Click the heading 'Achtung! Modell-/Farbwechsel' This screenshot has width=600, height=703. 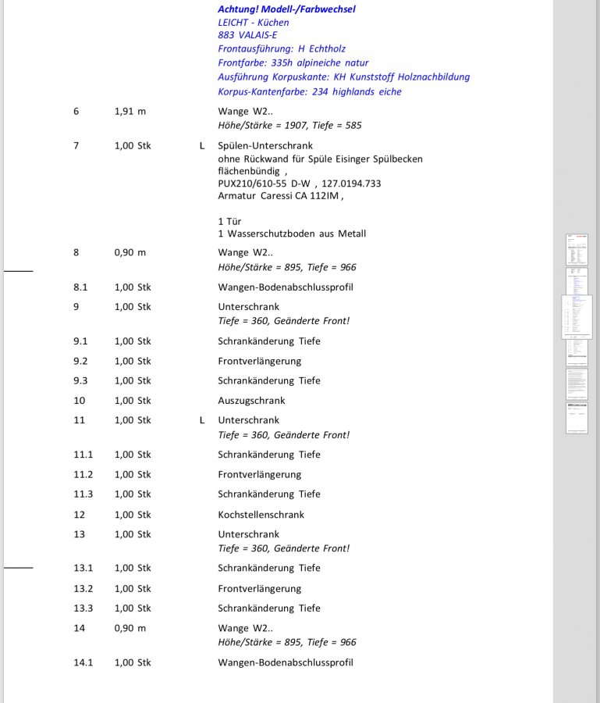286,9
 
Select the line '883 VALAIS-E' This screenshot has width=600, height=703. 247,35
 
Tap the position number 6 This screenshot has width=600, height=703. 76,111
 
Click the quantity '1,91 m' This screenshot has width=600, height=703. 130,111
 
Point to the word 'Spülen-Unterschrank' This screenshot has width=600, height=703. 265,145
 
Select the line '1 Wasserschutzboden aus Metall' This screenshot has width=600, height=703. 292,234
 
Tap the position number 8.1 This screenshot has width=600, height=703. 80,287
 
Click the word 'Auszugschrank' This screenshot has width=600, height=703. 251,401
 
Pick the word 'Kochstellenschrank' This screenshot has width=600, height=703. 261,515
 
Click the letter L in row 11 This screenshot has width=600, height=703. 202,420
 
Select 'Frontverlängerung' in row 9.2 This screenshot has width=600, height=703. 259,361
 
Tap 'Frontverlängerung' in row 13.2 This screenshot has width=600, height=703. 259,588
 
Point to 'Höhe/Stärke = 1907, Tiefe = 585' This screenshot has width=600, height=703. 289,125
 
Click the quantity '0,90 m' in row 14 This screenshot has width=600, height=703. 130,628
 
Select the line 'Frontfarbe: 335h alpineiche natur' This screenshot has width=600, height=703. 293,62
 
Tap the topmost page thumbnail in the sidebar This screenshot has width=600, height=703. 577,249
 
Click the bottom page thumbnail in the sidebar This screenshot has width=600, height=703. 577,418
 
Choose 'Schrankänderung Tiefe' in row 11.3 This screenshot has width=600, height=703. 269,494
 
